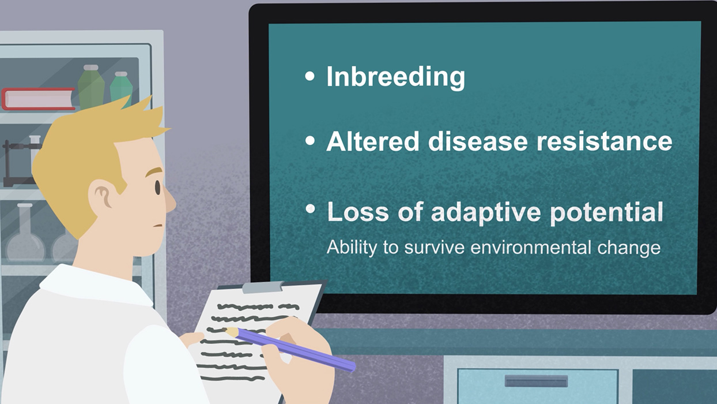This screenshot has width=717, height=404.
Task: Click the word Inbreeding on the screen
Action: [x=395, y=77]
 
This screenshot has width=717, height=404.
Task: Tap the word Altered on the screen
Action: [x=372, y=141]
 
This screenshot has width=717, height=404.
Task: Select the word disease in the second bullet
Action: [x=478, y=141]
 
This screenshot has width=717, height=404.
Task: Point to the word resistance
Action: [x=605, y=141]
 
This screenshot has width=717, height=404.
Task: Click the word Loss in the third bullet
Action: [x=358, y=212]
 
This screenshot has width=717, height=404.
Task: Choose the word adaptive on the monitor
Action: [x=486, y=213]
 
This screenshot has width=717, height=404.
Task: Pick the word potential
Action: [x=606, y=213]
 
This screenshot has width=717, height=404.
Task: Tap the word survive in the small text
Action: [x=434, y=248]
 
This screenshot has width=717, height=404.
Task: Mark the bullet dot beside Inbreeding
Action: [x=310, y=76]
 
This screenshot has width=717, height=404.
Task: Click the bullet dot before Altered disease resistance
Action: [x=310, y=140]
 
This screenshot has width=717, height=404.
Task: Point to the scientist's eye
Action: [x=157, y=188]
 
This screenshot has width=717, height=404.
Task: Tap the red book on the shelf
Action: [x=39, y=99]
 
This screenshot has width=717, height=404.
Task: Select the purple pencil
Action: [x=290, y=350]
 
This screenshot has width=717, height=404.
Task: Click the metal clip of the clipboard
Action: [x=263, y=287]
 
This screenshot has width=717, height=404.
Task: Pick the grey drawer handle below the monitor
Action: [x=536, y=381]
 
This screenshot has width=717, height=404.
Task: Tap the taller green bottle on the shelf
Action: [x=91, y=87]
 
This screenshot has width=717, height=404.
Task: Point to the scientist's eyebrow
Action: [x=154, y=171]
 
